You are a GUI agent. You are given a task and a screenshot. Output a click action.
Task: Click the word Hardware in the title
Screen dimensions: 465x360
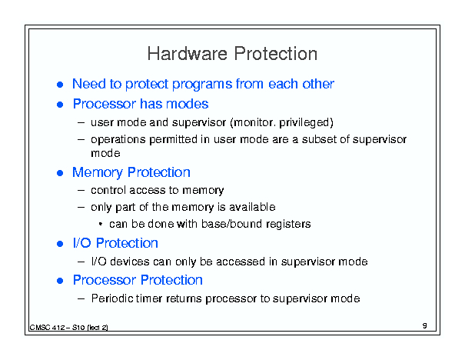(188, 54)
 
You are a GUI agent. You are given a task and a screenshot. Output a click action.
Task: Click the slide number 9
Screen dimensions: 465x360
(425, 325)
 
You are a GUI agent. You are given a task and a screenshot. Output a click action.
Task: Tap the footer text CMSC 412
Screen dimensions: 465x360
(47, 328)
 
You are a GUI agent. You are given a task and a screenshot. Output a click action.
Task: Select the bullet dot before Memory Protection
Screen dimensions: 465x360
(60, 173)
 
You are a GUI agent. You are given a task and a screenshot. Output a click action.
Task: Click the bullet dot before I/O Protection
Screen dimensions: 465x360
(60, 244)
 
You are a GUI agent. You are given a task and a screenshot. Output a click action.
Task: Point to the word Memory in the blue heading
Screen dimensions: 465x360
(98, 173)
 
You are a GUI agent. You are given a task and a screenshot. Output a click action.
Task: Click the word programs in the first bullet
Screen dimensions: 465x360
(202, 85)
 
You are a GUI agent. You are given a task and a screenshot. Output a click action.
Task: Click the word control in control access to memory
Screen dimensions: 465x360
(108, 190)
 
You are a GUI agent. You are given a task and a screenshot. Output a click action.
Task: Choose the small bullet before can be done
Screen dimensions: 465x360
(101, 224)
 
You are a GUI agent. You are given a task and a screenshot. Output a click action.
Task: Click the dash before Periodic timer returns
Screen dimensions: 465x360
(81, 298)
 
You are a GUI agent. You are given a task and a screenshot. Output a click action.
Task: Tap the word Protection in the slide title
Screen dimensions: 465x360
(275, 54)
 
